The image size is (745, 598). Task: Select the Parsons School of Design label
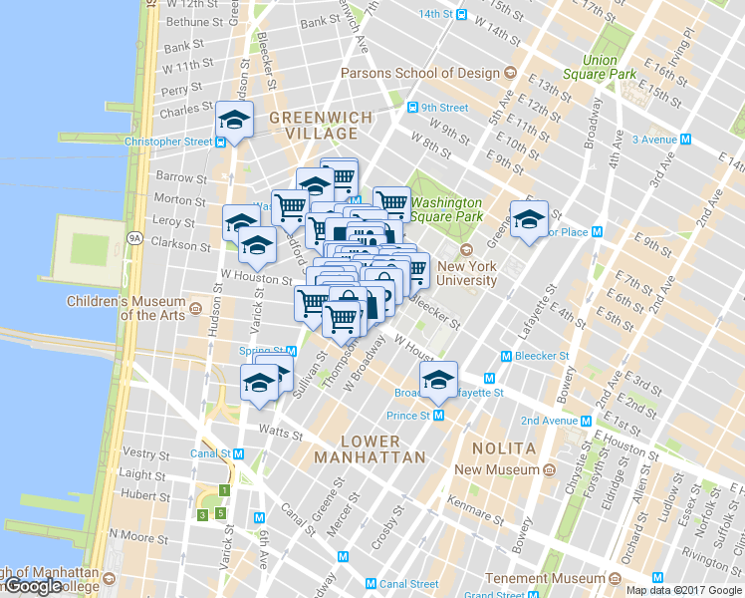tap(419, 73)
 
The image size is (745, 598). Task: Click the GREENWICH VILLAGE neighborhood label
tap(321, 126)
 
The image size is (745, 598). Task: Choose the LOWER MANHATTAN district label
tap(370, 448)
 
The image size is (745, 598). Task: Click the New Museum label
tap(497, 469)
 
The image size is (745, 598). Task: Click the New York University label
tap(466, 273)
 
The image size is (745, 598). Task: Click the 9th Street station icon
tap(411, 108)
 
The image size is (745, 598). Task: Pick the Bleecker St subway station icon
tap(506, 356)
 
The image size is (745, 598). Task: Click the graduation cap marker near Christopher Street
tap(234, 121)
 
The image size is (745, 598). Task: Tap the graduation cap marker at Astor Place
tap(529, 218)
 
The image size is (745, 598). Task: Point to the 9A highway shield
tap(136, 238)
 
